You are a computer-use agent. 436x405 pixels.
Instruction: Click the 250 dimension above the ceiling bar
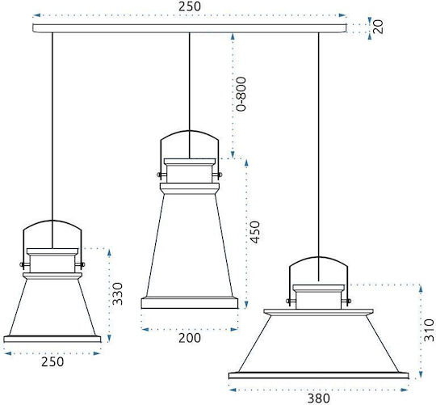pos(190,6)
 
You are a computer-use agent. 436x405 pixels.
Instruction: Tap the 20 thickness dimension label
pos(378,27)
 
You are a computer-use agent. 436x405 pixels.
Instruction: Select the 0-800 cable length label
pos(241,94)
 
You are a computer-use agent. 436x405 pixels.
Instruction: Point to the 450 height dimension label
pos(254,232)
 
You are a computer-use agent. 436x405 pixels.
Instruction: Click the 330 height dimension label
pos(117,293)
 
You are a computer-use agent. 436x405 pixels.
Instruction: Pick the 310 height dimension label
pos(429,330)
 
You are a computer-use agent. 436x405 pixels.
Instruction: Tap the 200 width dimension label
pos(190,338)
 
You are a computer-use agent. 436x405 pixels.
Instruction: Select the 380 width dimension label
pos(319,399)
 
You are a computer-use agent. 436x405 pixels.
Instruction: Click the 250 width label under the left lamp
pos(52,362)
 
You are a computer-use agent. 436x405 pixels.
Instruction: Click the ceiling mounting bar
pos(190,28)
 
